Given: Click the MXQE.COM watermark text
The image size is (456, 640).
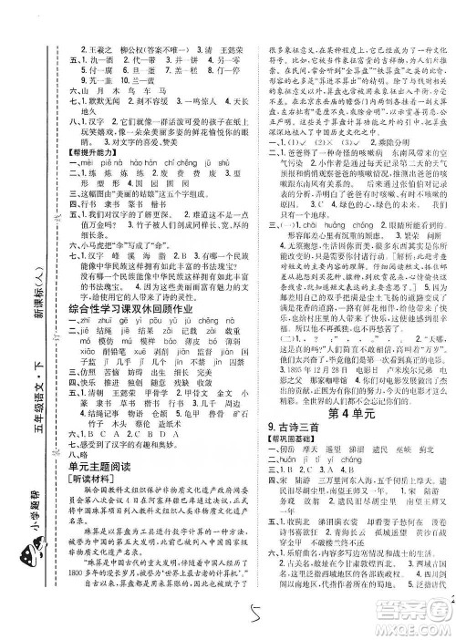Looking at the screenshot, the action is [415, 629].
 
